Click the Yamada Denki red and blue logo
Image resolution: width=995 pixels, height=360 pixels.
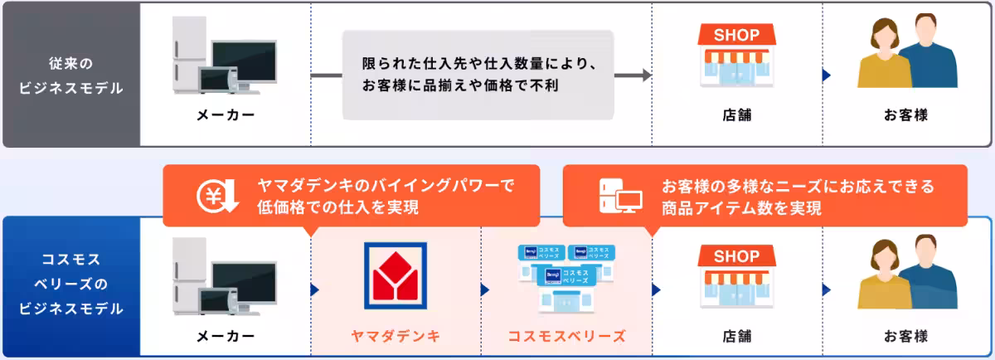396,275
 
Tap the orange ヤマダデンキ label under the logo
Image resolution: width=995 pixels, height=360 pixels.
396,336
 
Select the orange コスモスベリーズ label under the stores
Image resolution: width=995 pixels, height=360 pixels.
567,336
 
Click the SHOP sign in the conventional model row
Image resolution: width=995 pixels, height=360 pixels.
736,35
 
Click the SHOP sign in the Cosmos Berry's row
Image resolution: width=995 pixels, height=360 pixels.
736,256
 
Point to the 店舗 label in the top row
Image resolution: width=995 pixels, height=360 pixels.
737,115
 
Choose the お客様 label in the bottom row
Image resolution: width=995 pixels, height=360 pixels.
905,337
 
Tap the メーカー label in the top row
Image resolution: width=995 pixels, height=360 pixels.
226,115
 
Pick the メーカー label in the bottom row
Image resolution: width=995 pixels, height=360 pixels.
226,337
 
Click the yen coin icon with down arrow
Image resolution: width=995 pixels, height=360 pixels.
217,197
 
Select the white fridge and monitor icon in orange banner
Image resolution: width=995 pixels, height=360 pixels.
620,196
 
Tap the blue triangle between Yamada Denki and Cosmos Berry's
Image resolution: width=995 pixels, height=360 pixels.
485,290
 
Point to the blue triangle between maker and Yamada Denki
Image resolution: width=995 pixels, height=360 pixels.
315,290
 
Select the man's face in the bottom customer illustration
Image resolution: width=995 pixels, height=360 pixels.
926,251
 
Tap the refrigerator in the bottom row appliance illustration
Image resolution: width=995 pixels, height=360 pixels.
190,275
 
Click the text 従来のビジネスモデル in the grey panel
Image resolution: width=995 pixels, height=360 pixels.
71,75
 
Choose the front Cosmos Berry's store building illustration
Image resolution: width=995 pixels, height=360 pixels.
565,289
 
